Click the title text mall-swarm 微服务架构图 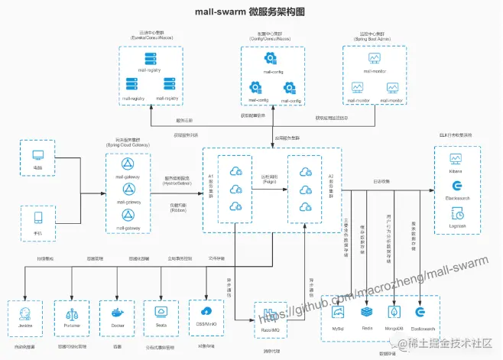tap(251, 12)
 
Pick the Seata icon tap(161, 312)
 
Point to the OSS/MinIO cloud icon tap(206, 312)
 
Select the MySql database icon tap(339, 312)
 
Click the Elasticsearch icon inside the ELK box tap(457, 186)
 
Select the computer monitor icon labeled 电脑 tap(38, 155)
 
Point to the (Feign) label tap(270, 183)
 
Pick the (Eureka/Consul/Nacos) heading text tap(150, 38)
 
